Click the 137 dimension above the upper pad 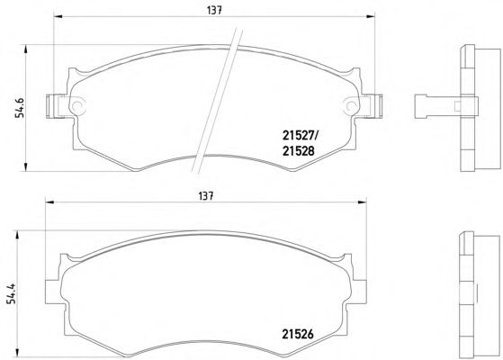tap(214, 10)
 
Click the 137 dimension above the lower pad tap(206, 195)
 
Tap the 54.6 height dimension tap(20, 107)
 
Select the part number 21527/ tap(300, 136)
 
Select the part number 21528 tap(299, 151)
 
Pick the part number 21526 tap(298, 334)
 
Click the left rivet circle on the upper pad tap(77, 105)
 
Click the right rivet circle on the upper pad tap(351, 105)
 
